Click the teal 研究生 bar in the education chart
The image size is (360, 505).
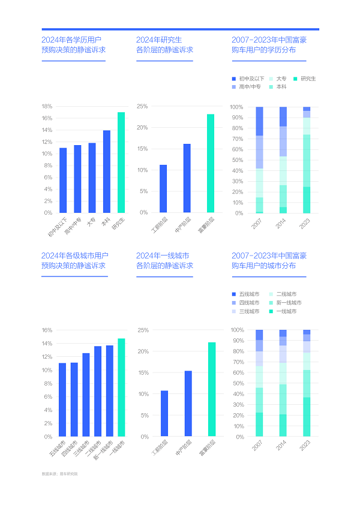(x=121, y=163)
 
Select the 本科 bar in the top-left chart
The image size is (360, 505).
(x=107, y=172)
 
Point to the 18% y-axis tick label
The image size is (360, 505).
(x=47, y=107)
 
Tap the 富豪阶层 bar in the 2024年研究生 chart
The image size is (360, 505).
(x=211, y=163)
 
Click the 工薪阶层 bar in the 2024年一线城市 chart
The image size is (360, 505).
(x=164, y=414)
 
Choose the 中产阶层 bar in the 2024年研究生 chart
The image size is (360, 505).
(x=187, y=178)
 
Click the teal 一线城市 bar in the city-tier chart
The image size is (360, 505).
(x=121, y=387)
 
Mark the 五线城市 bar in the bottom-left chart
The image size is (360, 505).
(x=62, y=400)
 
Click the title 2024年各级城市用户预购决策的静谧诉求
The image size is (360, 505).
(x=75, y=260)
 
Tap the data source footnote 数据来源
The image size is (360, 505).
(x=60, y=474)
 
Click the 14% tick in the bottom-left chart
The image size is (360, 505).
(x=47, y=344)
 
